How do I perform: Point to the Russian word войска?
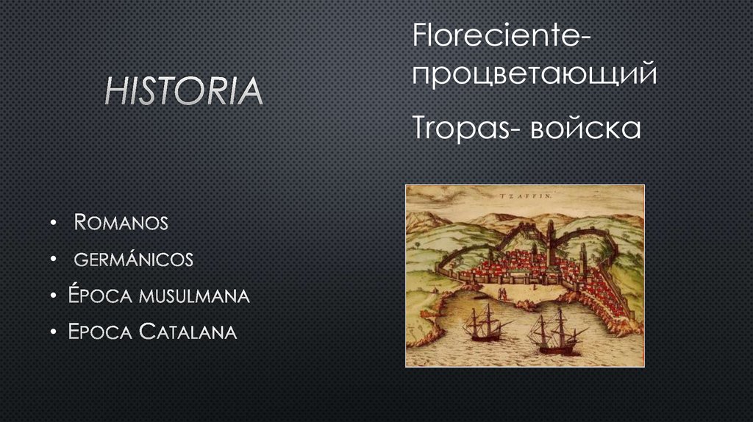[x=585, y=128]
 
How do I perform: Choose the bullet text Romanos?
[x=121, y=222]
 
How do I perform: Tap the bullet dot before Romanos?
[x=54, y=223]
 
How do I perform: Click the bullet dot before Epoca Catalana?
[x=54, y=333]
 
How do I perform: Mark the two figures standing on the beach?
[x=504, y=293]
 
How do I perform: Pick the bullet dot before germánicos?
[x=54, y=260]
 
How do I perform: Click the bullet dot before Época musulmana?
[x=54, y=296]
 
